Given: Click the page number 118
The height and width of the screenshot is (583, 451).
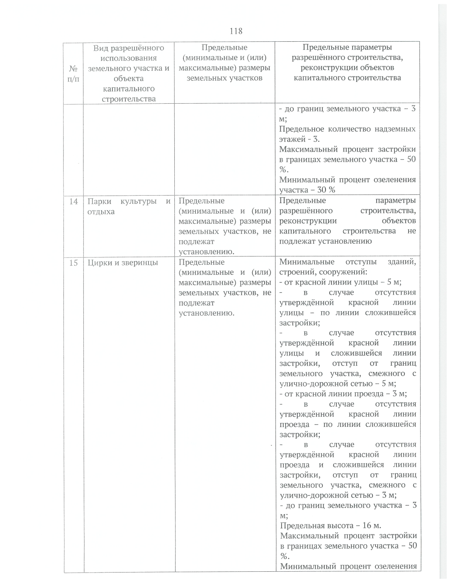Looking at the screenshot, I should [236, 31].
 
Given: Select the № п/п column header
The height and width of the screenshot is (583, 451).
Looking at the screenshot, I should [74, 74].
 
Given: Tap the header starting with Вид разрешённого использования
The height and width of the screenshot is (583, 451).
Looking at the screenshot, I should [129, 73].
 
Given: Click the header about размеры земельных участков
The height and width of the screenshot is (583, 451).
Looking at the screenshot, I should [224, 63].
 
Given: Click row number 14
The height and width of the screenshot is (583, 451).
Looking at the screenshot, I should [74, 202].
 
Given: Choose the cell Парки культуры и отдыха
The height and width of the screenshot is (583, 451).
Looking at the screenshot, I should [129, 206].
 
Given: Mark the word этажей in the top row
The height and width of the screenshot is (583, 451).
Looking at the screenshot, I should [292, 139].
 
